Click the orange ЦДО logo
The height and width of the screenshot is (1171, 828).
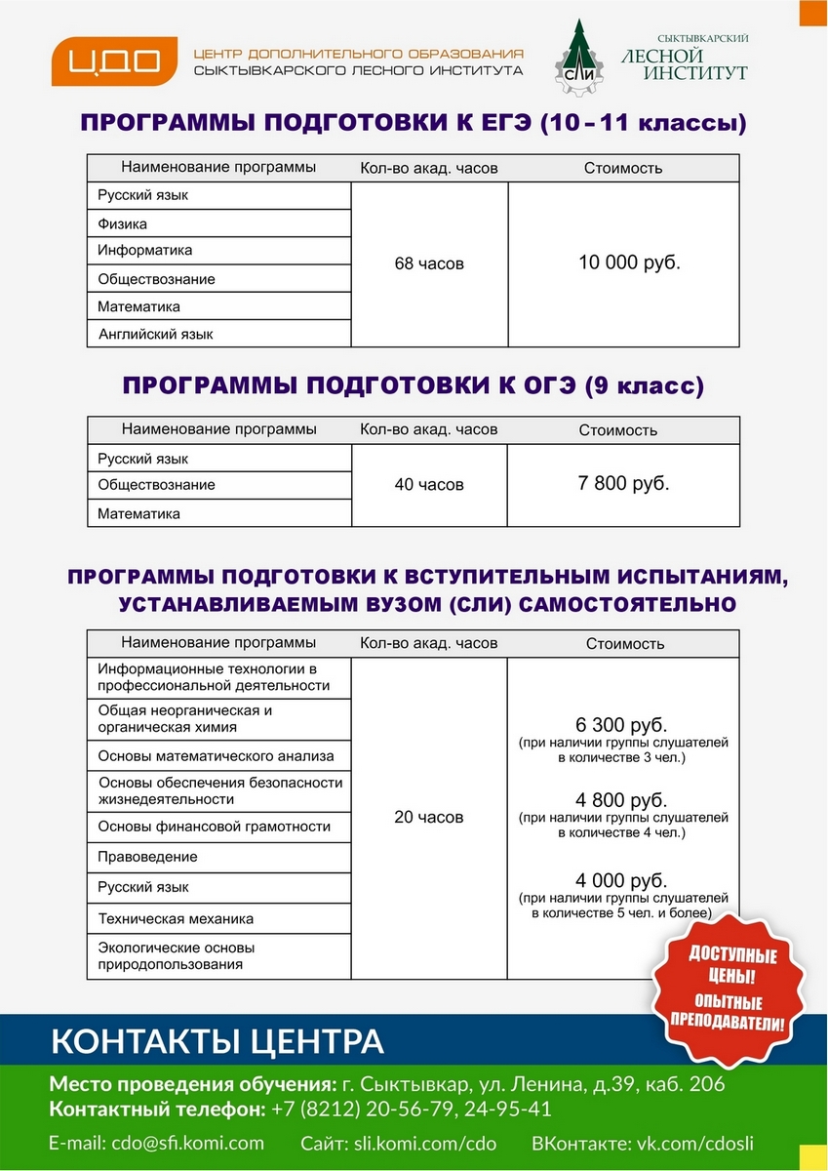(107, 61)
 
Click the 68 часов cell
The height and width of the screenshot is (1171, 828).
(429, 263)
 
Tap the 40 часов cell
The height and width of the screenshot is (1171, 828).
(429, 485)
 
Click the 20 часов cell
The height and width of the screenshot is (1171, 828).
(429, 817)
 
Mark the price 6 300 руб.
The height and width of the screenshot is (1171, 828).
(622, 726)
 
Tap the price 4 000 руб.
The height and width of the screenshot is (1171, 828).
(622, 880)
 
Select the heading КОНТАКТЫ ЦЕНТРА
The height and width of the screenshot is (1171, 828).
(217, 1041)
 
